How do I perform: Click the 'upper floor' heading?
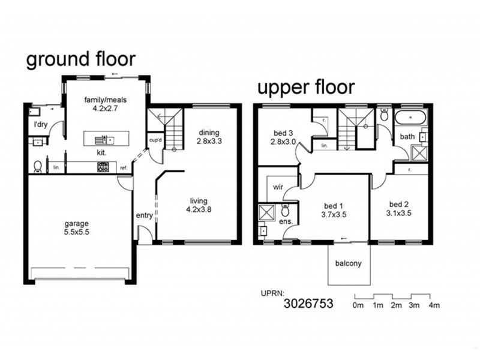(x=306, y=88)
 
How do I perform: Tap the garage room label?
(x=76, y=229)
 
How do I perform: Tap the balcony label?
(x=349, y=263)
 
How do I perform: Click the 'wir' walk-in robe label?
(x=278, y=187)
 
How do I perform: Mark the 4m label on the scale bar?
(x=433, y=306)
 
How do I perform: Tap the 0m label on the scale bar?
(x=358, y=306)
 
